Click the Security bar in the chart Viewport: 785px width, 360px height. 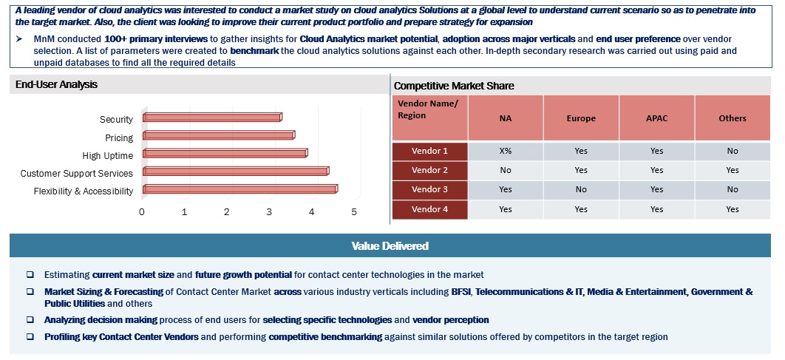[x=211, y=118]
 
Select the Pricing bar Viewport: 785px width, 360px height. [x=218, y=135]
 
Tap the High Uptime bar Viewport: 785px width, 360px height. [x=225, y=153]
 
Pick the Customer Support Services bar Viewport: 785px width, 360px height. [x=235, y=171]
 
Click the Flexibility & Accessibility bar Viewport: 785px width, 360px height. [x=239, y=189]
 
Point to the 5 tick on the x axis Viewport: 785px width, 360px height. [x=354, y=212]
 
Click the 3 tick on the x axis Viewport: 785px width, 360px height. [x=270, y=212]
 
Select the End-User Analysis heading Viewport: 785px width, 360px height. [x=57, y=85]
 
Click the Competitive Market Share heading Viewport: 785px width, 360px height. [x=454, y=86]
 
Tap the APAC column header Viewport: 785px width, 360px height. [x=656, y=118]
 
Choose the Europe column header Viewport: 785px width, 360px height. [x=581, y=118]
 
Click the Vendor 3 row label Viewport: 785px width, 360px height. [x=429, y=190]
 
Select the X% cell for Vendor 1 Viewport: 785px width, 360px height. [x=506, y=151]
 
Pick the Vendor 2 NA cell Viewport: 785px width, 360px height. [x=506, y=170]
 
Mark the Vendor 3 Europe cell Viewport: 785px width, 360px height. [x=581, y=190]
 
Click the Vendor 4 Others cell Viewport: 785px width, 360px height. [x=732, y=209]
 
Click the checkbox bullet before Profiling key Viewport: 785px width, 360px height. [x=30, y=337]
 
